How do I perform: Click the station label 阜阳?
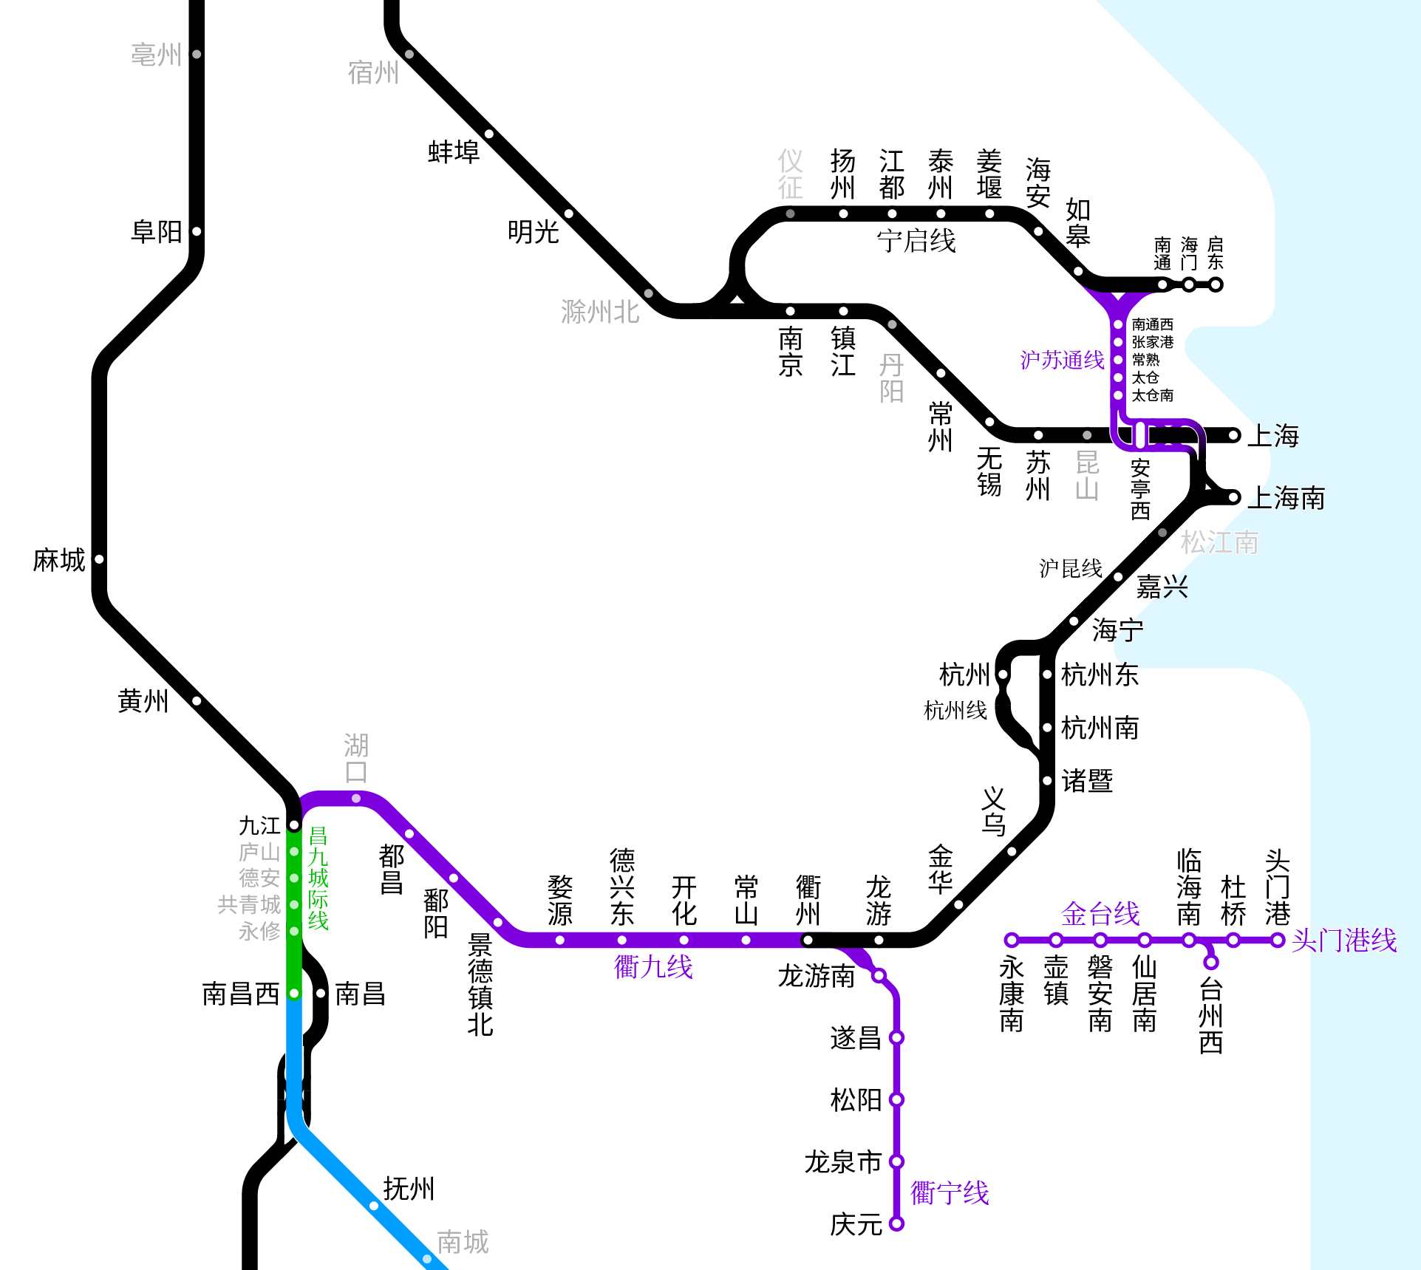(x=156, y=232)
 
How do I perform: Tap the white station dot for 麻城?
(x=99, y=559)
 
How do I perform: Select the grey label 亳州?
(x=156, y=55)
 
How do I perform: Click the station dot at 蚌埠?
(x=489, y=134)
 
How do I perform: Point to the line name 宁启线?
(x=916, y=241)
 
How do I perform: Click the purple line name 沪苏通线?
(x=1061, y=360)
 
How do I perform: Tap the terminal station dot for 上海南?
(x=1233, y=497)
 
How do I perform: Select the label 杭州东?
(x=1100, y=675)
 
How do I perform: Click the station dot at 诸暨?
(x=1047, y=781)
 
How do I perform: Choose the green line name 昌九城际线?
(x=318, y=878)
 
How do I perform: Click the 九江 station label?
(x=259, y=825)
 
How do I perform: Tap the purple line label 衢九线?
(x=653, y=966)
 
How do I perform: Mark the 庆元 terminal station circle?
(x=896, y=1223)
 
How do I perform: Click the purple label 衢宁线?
(x=949, y=1192)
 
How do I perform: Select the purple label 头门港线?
(x=1343, y=940)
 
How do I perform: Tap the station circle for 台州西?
(x=1210, y=962)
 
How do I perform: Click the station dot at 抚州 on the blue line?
(x=374, y=1206)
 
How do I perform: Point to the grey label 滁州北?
(x=599, y=312)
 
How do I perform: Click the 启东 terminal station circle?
(x=1216, y=284)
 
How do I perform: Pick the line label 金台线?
(x=1100, y=914)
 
